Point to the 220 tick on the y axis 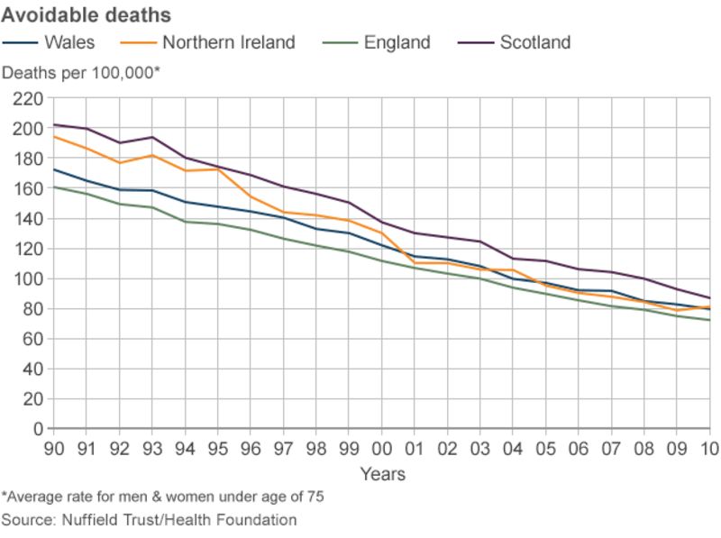(28, 98)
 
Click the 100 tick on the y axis (28, 278)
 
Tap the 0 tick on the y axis (37, 429)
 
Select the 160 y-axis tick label (28, 188)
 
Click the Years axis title (382, 474)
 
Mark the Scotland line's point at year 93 (152, 138)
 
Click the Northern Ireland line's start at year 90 (55, 137)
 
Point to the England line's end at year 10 (709, 320)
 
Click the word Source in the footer (28, 520)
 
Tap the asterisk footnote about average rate (162, 497)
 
